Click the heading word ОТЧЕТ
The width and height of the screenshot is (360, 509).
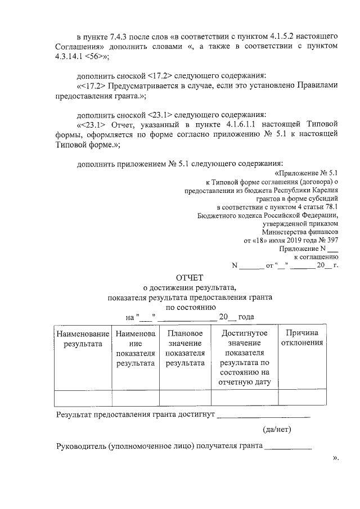[x=190, y=277]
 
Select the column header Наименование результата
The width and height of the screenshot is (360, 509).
[x=83, y=339]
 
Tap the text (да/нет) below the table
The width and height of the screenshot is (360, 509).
[x=276, y=430]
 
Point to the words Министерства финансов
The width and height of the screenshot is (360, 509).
[x=300, y=231]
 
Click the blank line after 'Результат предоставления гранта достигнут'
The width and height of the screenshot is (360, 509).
[x=263, y=417]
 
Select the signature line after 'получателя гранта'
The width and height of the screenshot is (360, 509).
[x=287, y=448]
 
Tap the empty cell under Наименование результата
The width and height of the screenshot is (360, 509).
[x=83, y=398]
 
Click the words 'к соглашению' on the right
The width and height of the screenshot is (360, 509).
[x=316, y=256]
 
